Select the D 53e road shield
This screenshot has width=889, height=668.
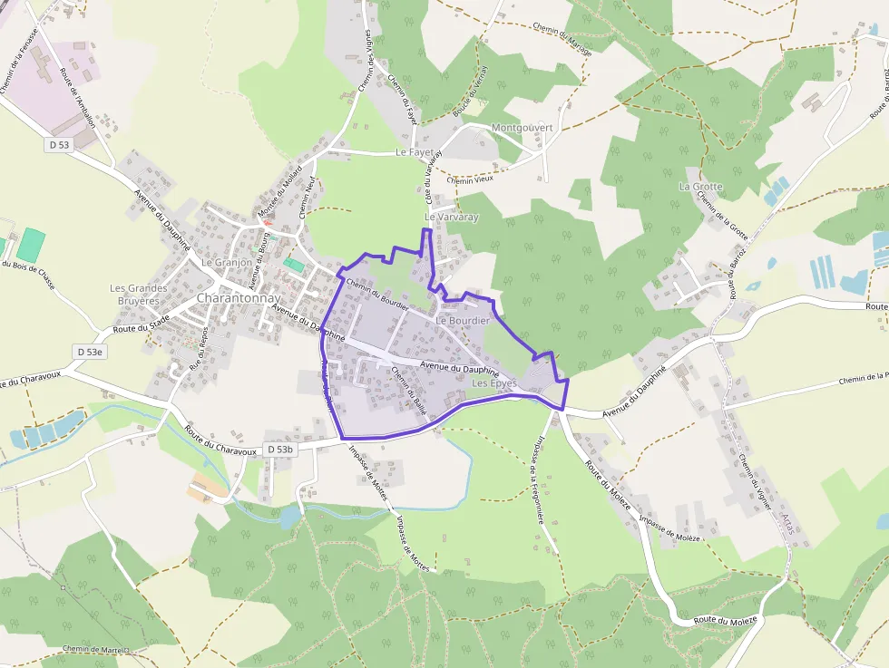(x=91, y=351)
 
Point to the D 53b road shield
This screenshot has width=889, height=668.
(x=281, y=450)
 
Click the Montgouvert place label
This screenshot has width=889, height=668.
(x=522, y=128)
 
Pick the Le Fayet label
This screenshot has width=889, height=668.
(x=415, y=152)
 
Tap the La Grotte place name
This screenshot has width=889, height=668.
(x=701, y=187)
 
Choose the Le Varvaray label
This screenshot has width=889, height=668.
(x=451, y=218)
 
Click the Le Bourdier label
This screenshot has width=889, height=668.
(x=463, y=321)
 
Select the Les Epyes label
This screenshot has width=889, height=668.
(x=494, y=383)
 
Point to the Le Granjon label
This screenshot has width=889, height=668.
(x=227, y=262)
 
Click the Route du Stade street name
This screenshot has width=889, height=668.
(x=142, y=324)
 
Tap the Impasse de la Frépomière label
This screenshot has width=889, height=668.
(x=551, y=479)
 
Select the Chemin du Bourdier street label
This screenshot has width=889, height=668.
(x=378, y=294)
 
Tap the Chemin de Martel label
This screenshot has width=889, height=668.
(x=96, y=649)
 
